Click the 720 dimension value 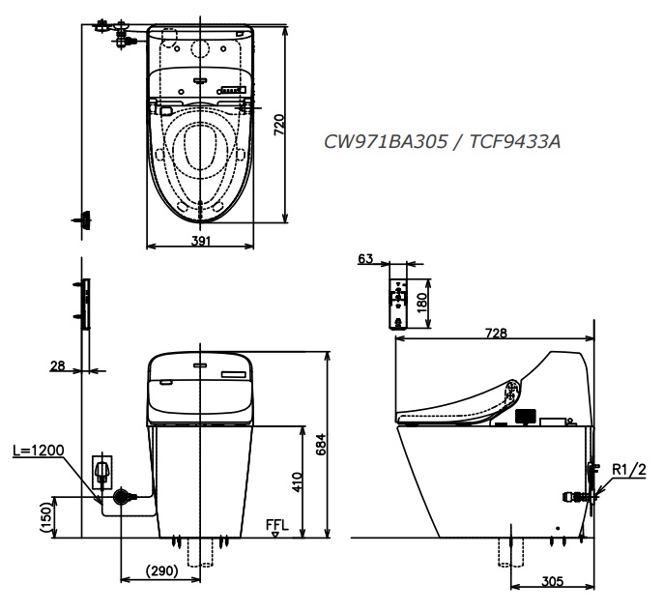[x=278, y=124]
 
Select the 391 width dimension [x=201, y=241]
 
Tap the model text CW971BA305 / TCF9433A [x=442, y=142]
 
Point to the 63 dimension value [x=363, y=258]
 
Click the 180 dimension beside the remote [x=420, y=301]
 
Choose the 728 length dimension [x=498, y=333]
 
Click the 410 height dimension [x=299, y=481]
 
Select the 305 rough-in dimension [x=553, y=582]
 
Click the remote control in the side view [x=397, y=302]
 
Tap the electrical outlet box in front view [x=101, y=471]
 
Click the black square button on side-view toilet [x=525, y=417]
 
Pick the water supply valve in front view [x=122, y=498]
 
